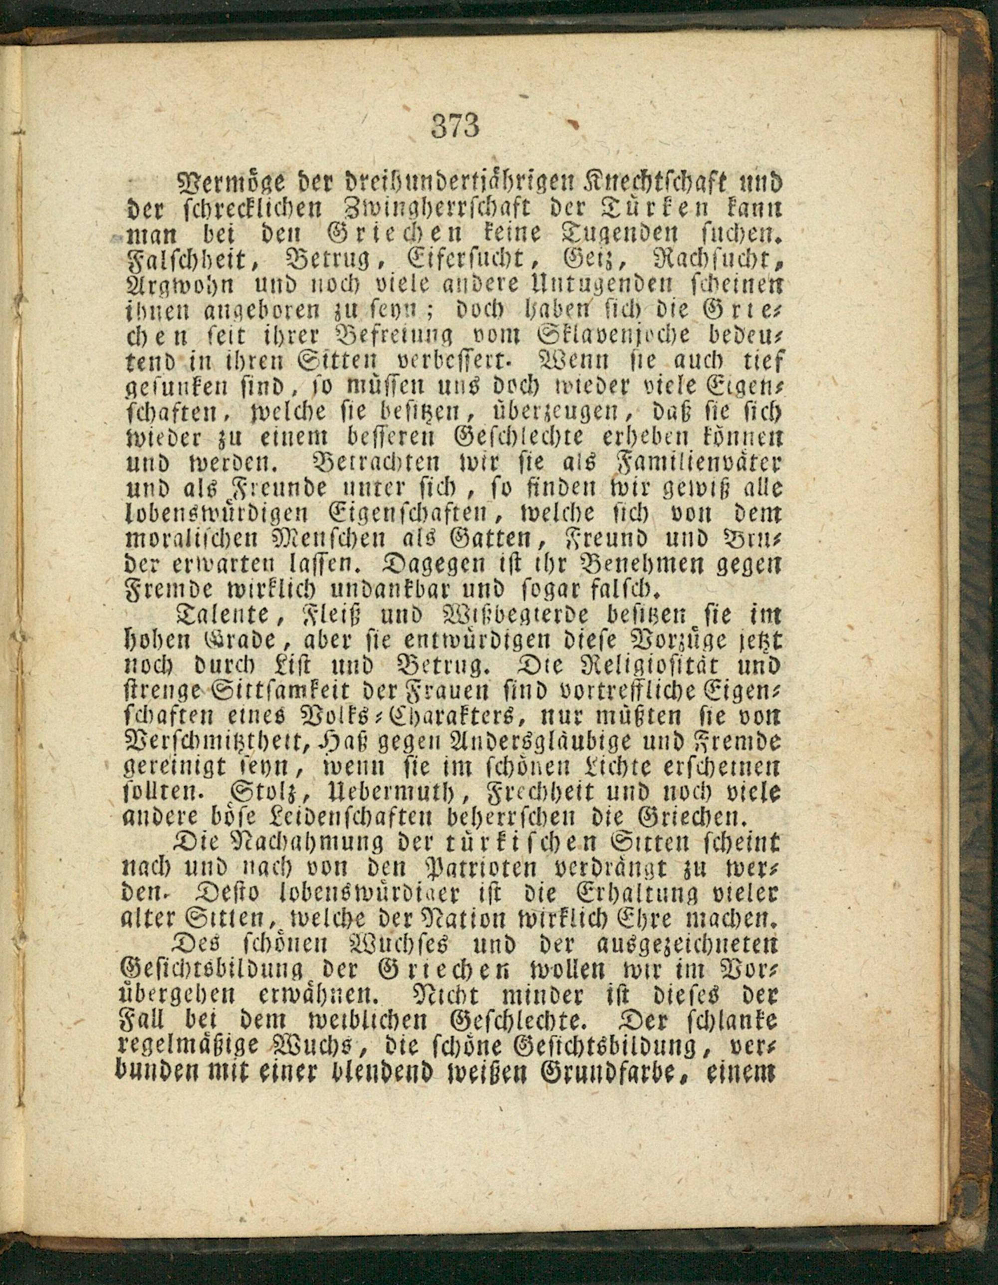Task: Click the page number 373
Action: [x=456, y=125]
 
